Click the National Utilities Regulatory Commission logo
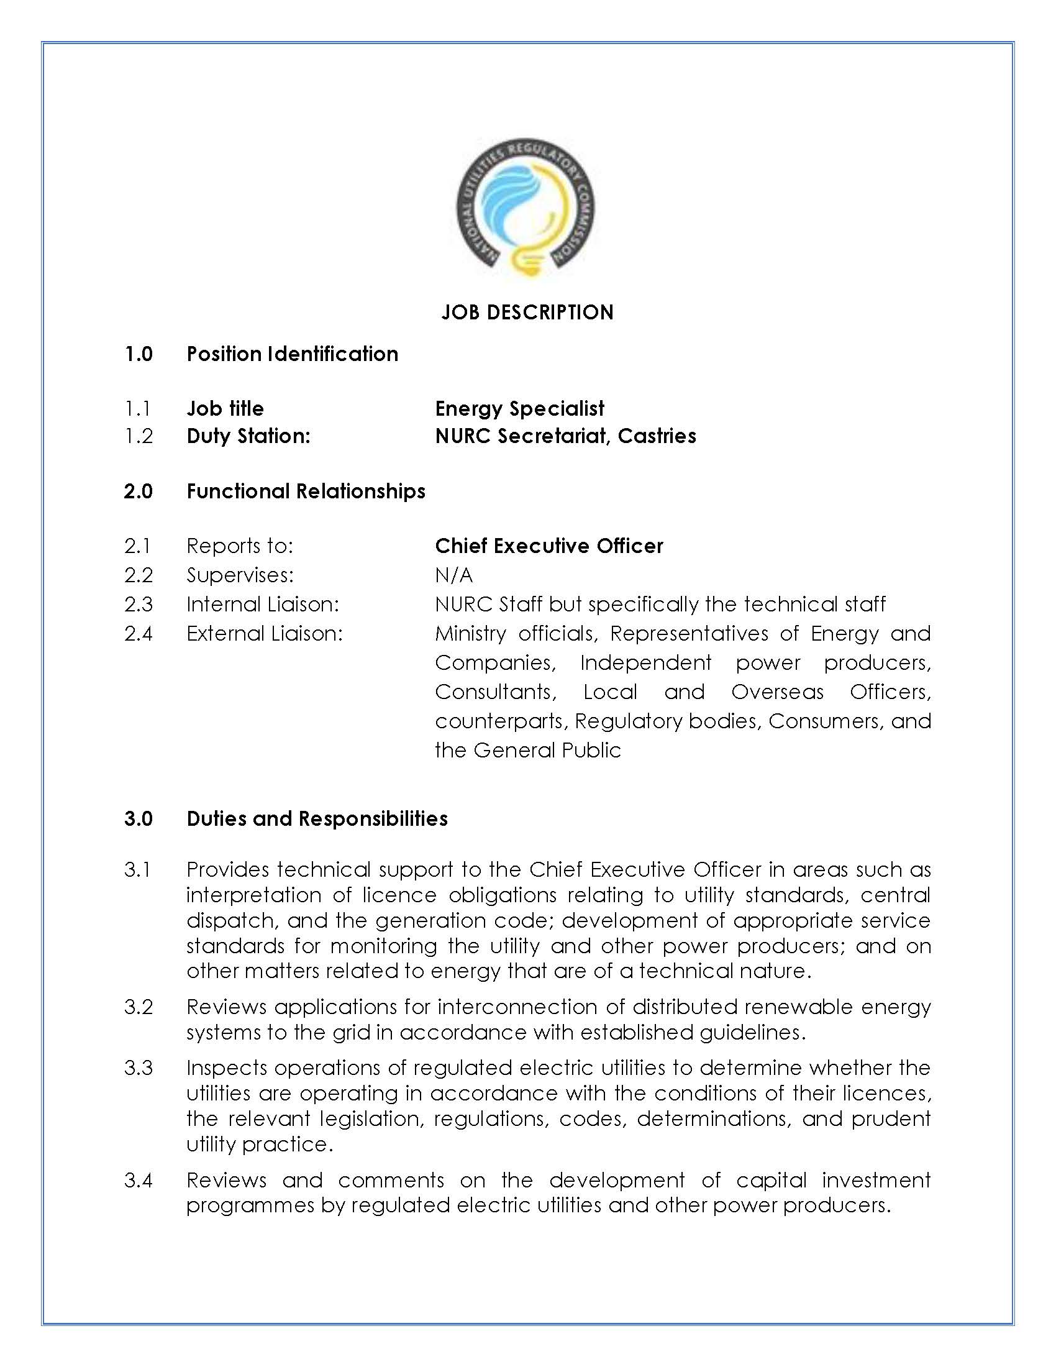tap(525, 208)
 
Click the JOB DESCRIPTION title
tap(527, 313)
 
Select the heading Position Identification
tap(292, 354)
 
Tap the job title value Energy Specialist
tap(519, 409)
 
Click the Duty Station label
tap(248, 436)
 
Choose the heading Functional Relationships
tap(306, 491)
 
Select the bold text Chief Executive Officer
tap(548, 546)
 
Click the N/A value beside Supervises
tap(453, 575)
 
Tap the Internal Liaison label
tap(263, 604)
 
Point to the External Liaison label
tap(265, 633)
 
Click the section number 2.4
tap(139, 633)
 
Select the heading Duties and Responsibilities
tap(317, 819)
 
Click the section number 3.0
tap(139, 819)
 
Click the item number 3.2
tap(139, 1007)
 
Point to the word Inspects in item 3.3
tap(226, 1067)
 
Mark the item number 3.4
tap(139, 1180)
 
